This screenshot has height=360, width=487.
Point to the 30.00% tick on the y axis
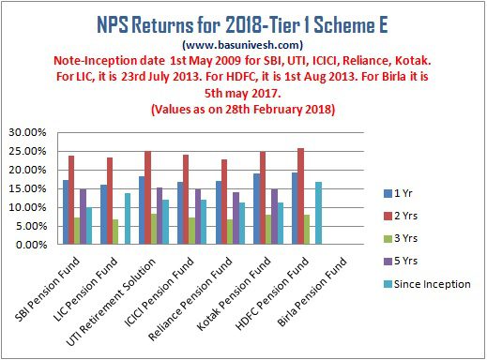click(x=29, y=132)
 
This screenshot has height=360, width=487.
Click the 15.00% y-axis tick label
click(x=29, y=188)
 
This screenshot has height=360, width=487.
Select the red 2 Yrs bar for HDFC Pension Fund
click(x=300, y=196)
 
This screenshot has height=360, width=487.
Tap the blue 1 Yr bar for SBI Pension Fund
click(x=66, y=212)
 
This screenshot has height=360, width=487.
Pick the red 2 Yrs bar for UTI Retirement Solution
click(x=148, y=198)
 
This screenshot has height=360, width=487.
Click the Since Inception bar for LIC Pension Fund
click(x=127, y=218)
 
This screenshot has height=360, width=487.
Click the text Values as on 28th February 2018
click(x=242, y=111)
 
